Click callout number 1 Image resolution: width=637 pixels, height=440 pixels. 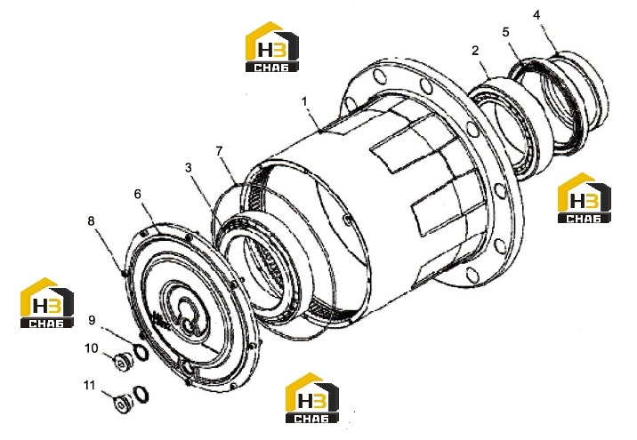pos(304,101)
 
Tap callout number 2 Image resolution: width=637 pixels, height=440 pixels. pos(475,51)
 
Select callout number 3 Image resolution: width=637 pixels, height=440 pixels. pos(188,168)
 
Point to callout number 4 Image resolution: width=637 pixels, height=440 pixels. pos(536,15)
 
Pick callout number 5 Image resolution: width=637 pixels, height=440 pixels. pos(506,32)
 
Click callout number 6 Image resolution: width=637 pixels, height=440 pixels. pos(138,194)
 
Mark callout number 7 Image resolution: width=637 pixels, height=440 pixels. pos(220,151)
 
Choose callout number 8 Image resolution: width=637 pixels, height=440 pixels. pos(91,220)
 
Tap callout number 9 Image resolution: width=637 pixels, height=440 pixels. pos(92,320)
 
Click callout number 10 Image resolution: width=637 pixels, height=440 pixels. pos(92,348)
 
